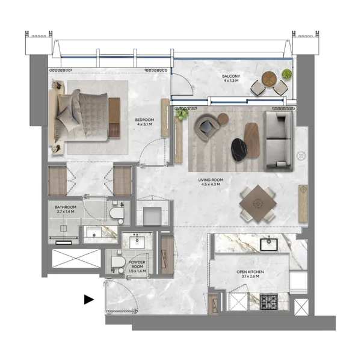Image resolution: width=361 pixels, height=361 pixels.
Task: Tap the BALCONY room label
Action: tap(231, 76)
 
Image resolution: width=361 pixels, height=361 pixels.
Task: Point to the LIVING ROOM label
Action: tap(211, 179)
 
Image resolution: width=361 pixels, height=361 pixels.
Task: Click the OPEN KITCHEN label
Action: tap(250, 272)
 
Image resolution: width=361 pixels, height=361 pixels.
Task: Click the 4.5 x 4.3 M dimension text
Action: tap(211, 185)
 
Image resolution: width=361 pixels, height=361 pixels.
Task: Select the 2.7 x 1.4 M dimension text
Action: tap(66, 212)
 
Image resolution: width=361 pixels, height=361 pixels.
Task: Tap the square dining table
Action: tap(258, 203)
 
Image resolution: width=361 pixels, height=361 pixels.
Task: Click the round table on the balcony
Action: tap(269, 78)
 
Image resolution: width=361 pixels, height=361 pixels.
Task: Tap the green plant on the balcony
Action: tap(286, 75)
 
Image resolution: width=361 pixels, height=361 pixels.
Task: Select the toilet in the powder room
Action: tap(117, 262)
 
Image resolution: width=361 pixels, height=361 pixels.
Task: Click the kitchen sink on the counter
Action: tap(268, 244)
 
